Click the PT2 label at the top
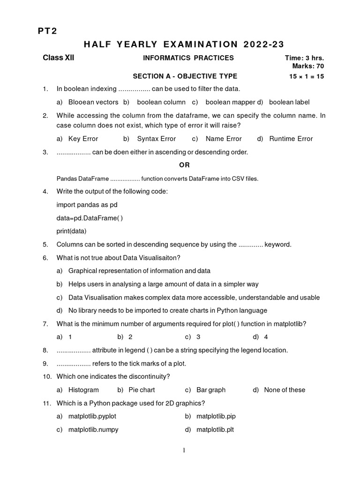[x=47, y=31]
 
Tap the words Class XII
[x=59, y=58]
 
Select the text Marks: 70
[x=308, y=66]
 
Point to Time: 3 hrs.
[x=304, y=58]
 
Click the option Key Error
[x=83, y=139]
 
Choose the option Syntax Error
[x=156, y=139]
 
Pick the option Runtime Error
[x=291, y=139]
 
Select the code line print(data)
[x=72, y=231]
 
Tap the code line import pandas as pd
[x=87, y=205]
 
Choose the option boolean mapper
[x=230, y=102]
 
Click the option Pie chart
[x=142, y=390]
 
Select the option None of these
[x=285, y=390]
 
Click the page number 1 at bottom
[x=184, y=450]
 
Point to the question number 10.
[x=46, y=376]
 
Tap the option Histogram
[x=83, y=390]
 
